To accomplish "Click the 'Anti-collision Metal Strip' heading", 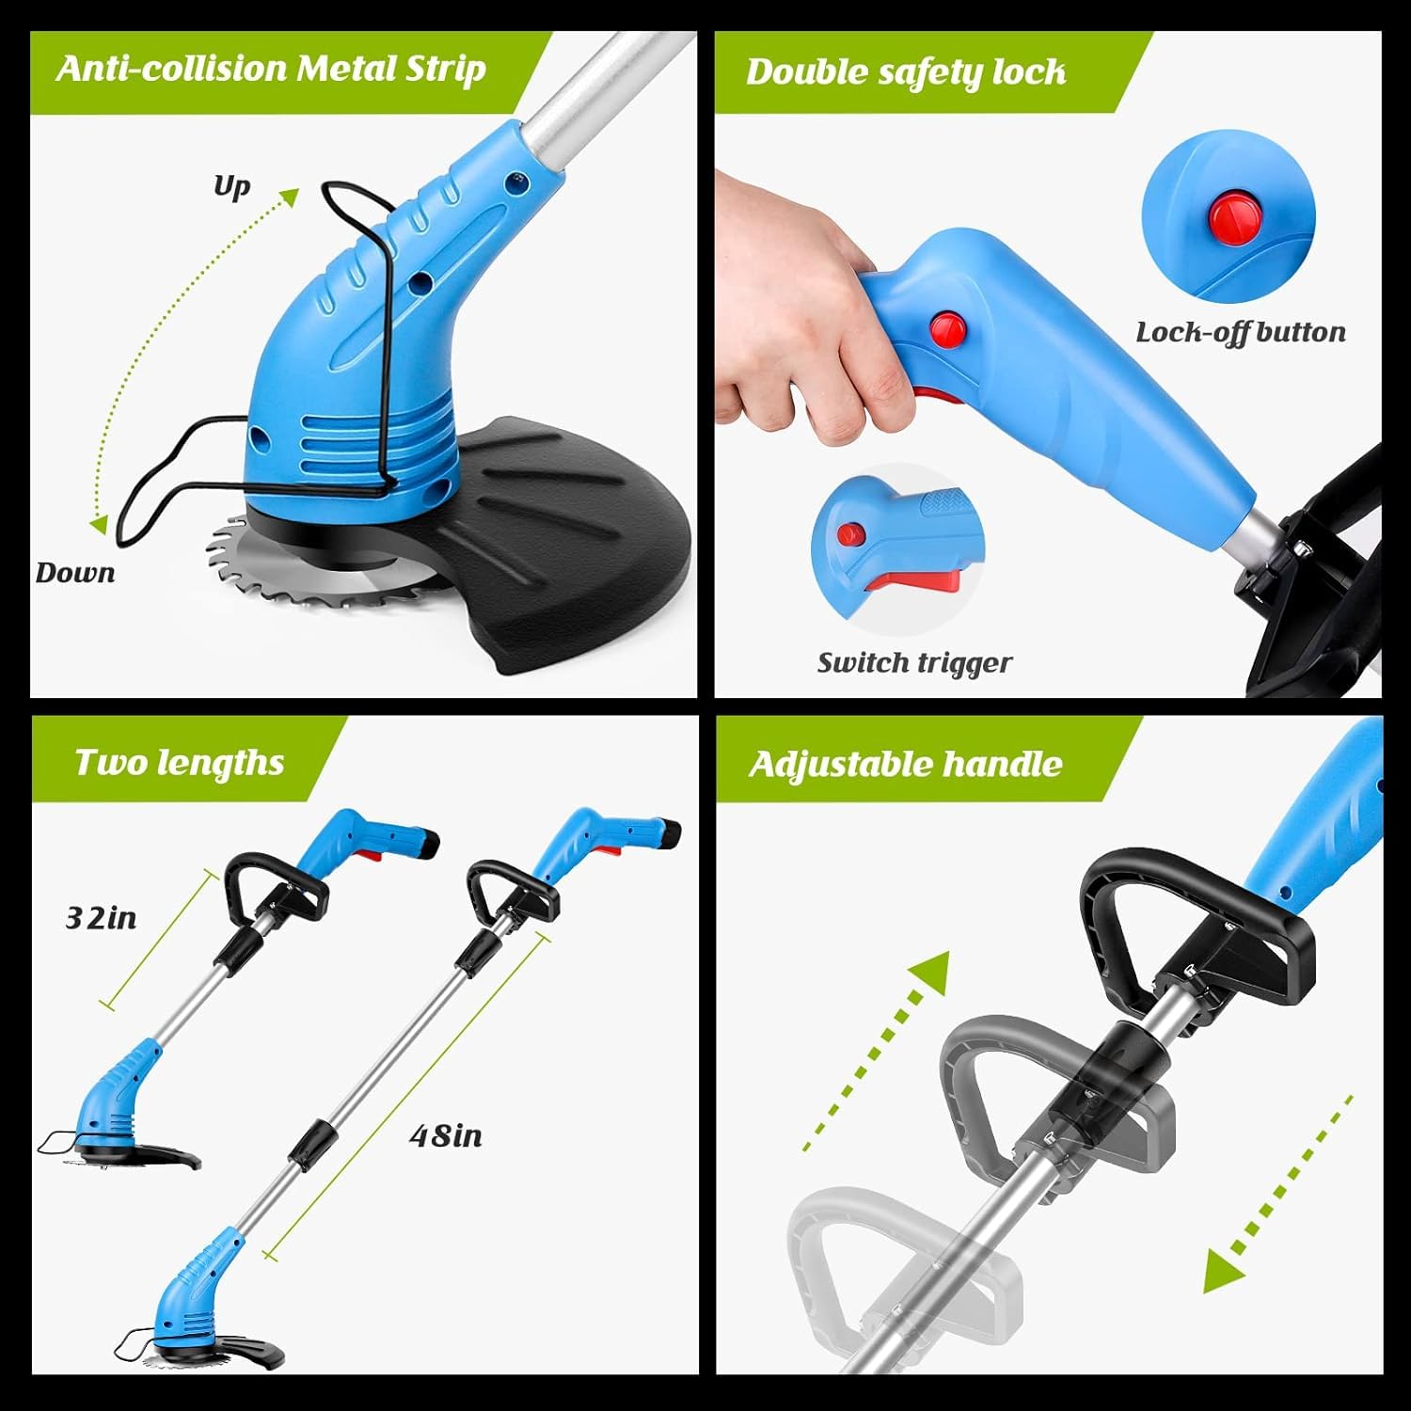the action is pos(271,70).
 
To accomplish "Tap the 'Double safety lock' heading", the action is pos(906,71).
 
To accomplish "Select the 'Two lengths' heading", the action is pos(180,763).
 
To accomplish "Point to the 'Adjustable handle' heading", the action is pos(905,764).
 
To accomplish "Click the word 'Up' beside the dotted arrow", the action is pos(231,186).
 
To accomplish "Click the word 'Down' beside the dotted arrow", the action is pos(75,573).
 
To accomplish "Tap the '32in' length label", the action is pos(101,918).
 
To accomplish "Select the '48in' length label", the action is pos(446,1136).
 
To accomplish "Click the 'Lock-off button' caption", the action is pos(1241,332).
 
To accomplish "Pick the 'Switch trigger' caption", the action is pos(914,663).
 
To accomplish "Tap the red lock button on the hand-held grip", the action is pos(948,328).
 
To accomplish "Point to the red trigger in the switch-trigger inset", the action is pos(918,578).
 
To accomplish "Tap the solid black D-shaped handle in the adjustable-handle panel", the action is pos(1195,931).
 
